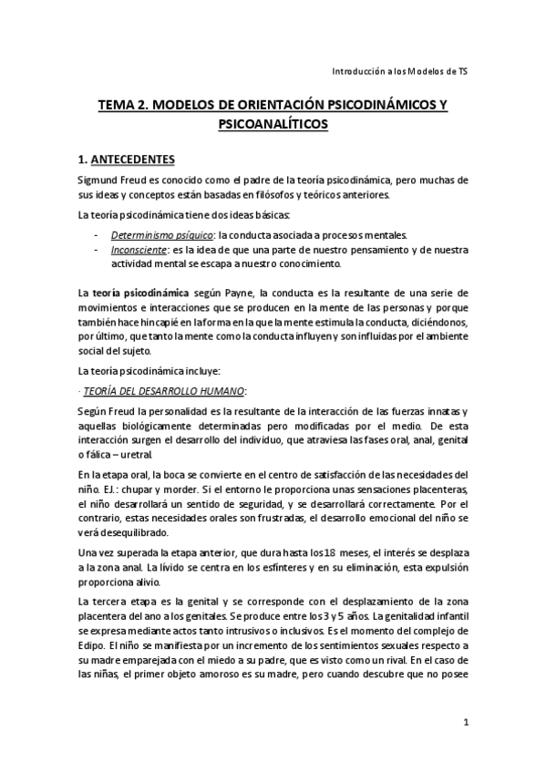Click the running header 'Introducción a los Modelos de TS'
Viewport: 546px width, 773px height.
400,70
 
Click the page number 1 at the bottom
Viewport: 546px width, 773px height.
465,724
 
